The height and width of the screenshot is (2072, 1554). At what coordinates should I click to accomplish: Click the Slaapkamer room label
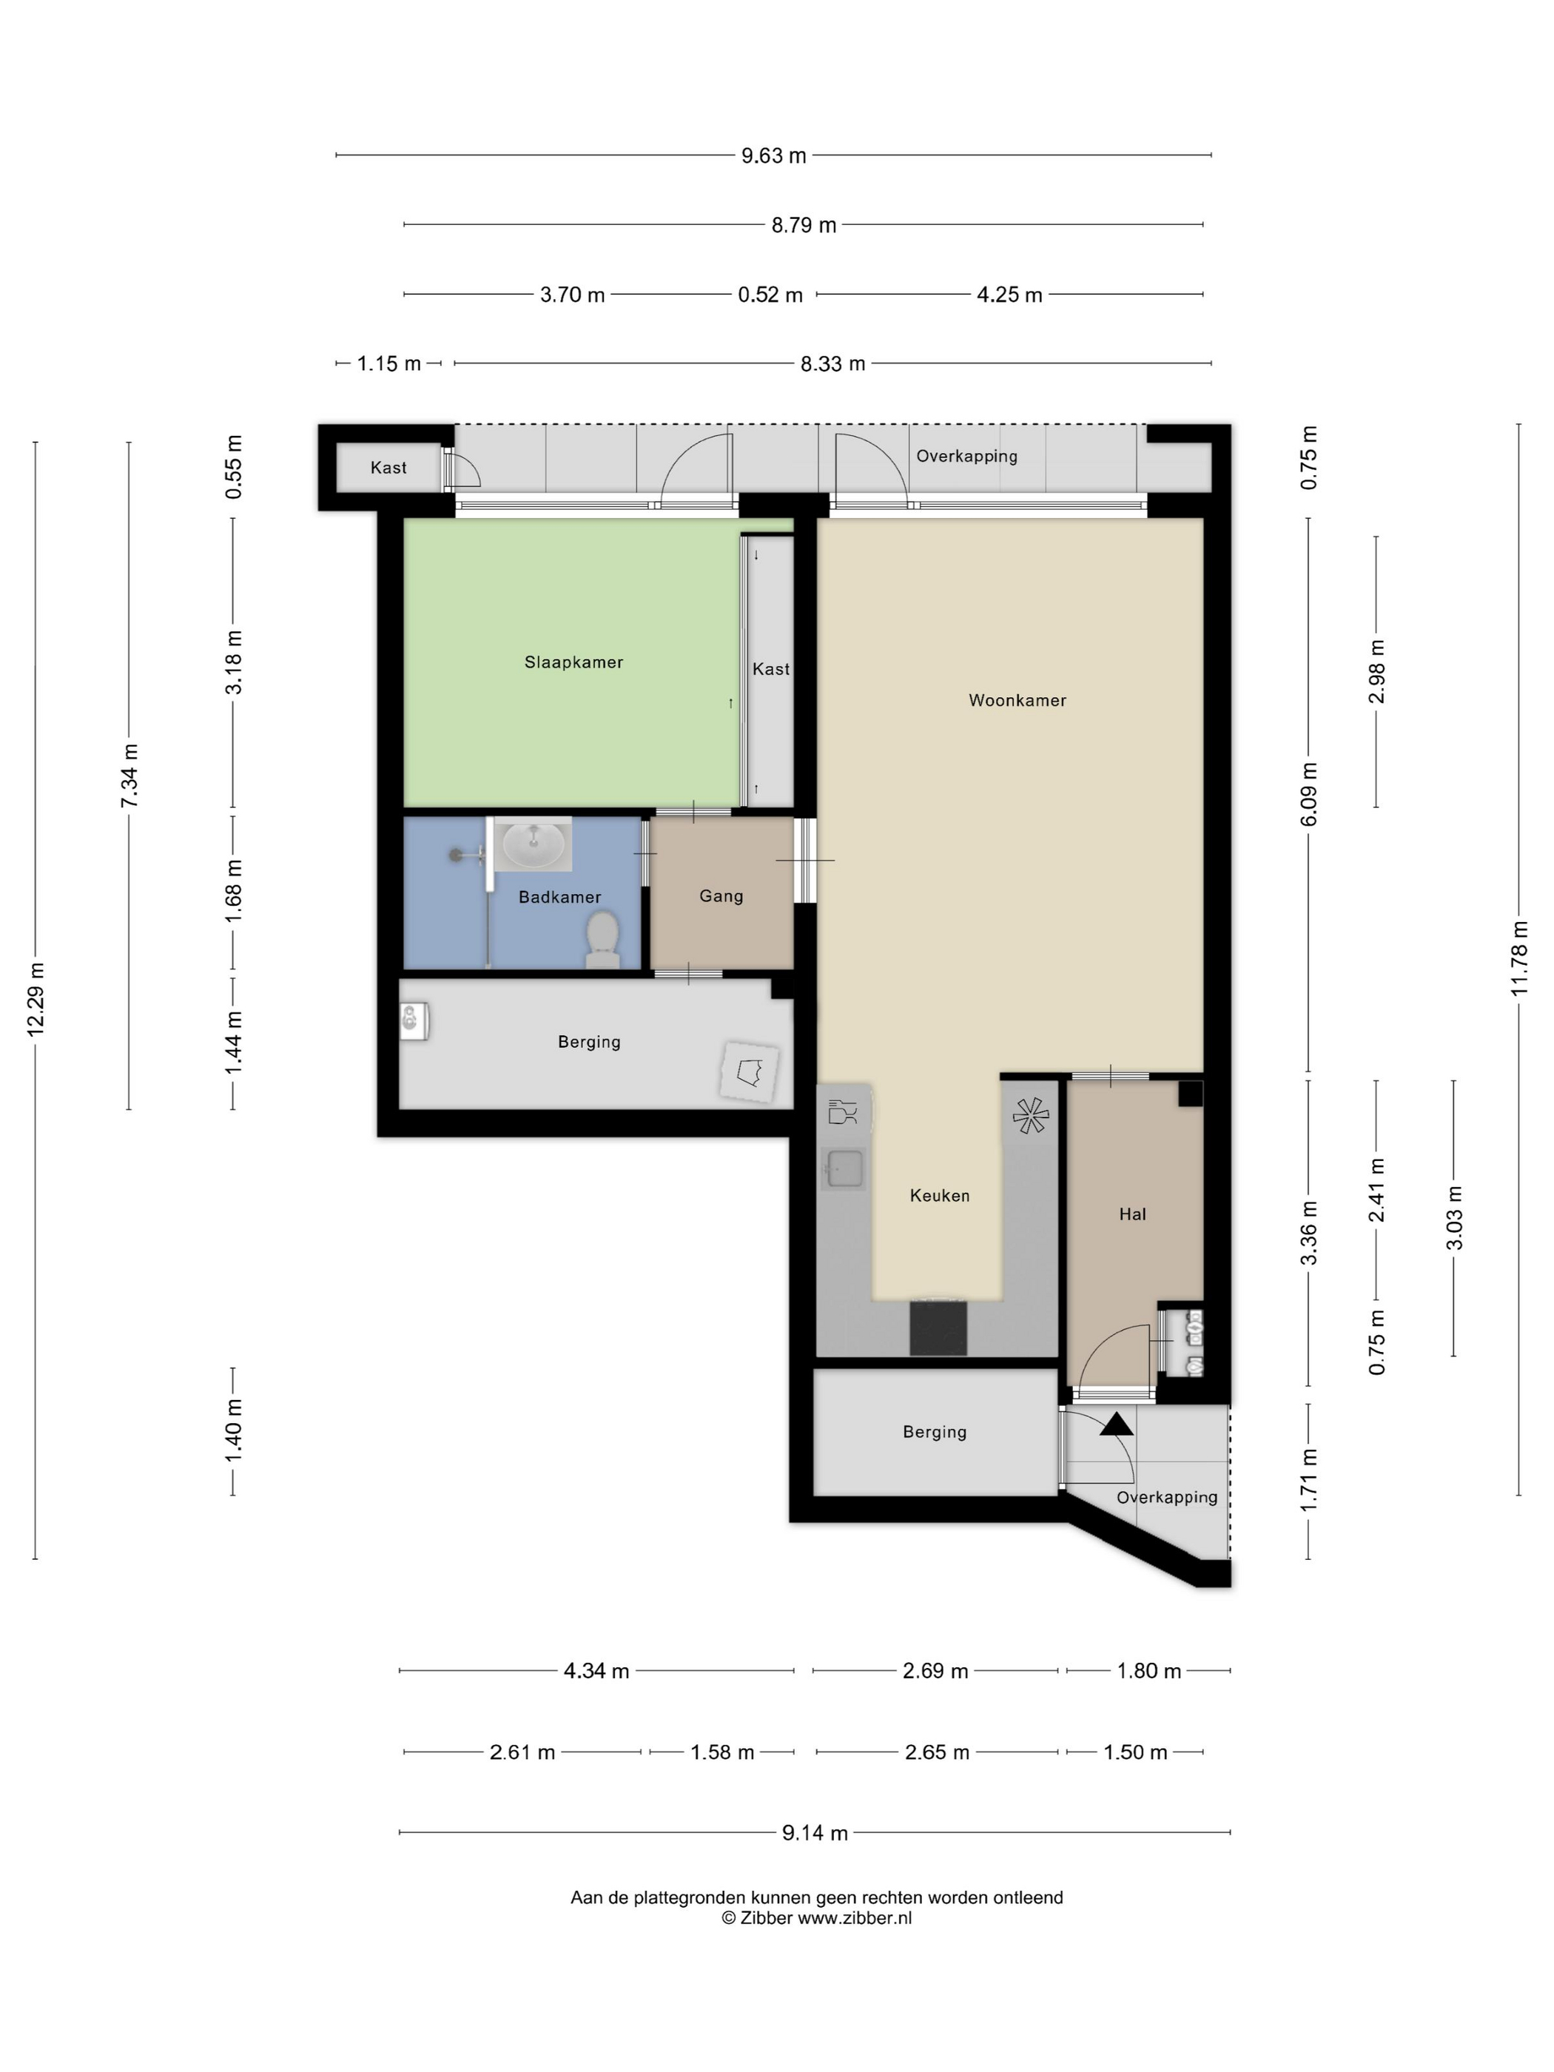click(573, 662)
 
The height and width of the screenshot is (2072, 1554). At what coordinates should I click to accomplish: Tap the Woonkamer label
click(1017, 700)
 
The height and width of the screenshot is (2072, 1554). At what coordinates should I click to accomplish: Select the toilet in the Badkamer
click(602, 940)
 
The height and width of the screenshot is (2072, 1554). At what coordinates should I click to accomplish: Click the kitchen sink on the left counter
click(845, 1169)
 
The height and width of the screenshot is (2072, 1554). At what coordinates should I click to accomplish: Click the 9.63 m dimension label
click(774, 155)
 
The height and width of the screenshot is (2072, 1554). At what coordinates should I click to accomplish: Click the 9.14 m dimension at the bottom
click(815, 1833)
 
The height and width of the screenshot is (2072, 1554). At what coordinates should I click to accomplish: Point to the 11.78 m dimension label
click(1518, 958)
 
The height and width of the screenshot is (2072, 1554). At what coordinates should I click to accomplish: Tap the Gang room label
click(721, 895)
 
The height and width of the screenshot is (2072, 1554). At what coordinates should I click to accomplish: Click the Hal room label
click(1132, 1214)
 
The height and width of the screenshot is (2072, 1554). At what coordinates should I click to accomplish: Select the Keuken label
click(940, 1195)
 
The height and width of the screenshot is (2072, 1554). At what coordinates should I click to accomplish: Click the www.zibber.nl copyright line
click(816, 1917)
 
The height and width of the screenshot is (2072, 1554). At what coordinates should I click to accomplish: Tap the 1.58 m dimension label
click(722, 1752)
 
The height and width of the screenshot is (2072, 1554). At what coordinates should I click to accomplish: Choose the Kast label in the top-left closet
click(388, 468)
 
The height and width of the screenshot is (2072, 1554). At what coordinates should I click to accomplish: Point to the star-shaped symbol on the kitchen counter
click(1030, 1114)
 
